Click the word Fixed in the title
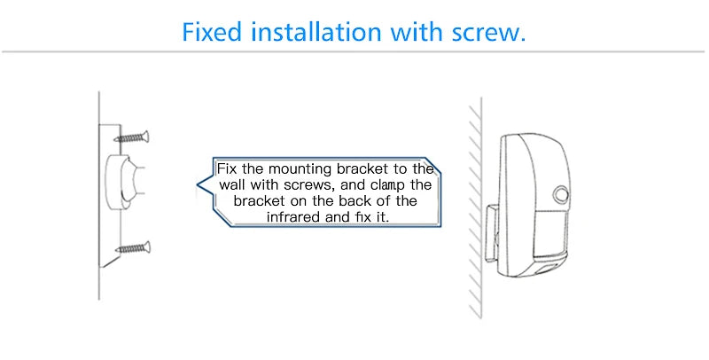pos(211,32)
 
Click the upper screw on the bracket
pos(131,137)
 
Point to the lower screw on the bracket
pos(132,248)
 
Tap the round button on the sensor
pos(561,194)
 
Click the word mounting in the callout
pos(300,170)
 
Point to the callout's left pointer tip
pos(197,184)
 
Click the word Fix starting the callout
pos(228,169)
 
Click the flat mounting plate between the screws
pos(110,194)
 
